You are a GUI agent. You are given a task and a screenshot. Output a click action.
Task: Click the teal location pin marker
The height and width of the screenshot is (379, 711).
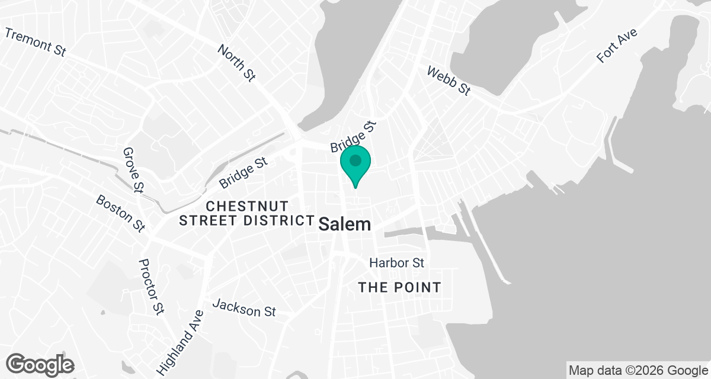coord(355,166)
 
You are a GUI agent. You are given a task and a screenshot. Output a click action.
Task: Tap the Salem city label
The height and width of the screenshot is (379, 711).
coord(345,224)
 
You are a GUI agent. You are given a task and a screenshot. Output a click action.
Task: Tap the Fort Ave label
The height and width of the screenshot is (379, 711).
coord(617,46)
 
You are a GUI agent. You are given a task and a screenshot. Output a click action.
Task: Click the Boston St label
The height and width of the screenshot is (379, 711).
coord(121,214)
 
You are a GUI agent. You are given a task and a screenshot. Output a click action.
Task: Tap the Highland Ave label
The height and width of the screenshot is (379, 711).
coord(178,342)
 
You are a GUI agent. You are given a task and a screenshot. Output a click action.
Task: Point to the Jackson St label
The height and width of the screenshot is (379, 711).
coord(244,308)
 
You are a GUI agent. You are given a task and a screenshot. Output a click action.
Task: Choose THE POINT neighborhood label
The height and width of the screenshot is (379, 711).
coord(399,288)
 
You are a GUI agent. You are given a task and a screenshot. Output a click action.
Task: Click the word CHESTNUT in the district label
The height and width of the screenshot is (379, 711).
coord(247,206)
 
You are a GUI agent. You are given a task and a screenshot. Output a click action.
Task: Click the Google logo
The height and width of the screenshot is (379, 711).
coord(40,364)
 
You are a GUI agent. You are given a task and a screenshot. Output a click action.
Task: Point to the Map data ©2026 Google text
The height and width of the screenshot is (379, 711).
coord(638,371)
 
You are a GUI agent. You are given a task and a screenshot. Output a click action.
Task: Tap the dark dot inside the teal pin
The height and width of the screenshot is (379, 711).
coord(355,160)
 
